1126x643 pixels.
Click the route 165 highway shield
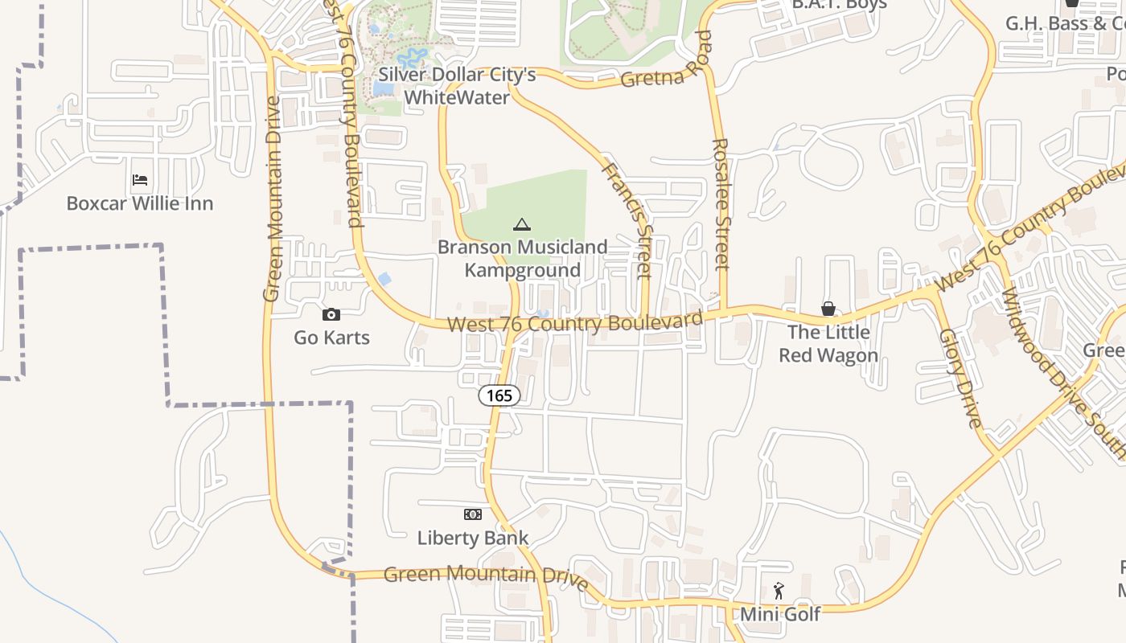(x=499, y=395)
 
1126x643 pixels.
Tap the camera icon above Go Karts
(x=331, y=314)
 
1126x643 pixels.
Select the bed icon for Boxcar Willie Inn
(x=140, y=180)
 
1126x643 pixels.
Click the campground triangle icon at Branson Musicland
(x=522, y=224)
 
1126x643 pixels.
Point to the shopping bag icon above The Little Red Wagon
(x=828, y=309)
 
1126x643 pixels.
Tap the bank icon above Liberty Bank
(x=473, y=514)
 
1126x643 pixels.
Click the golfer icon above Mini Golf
(x=779, y=592)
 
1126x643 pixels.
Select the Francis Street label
(x=627, y=220)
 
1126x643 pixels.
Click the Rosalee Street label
(x=721, y=204)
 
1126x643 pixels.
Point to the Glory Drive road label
(x=961, y=378)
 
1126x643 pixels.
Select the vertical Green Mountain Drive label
(x=273, y=199)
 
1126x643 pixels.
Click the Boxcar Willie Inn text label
(x=140, y=203)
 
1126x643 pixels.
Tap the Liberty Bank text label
(x=473, y=538)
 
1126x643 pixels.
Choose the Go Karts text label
(x=331, y=338)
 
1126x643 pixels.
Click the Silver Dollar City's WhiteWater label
(x=457, y=86)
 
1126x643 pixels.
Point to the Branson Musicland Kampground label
(x=522, y=258)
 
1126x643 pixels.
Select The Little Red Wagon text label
(x=828, y=343)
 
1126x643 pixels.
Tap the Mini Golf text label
(x=780, y=615)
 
